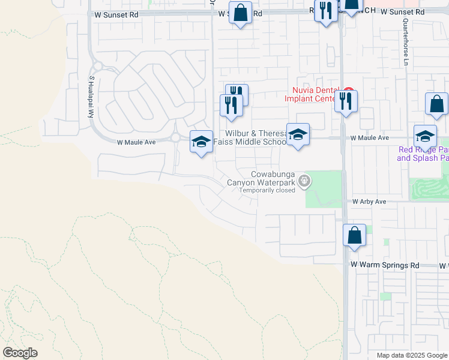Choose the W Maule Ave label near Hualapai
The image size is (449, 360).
[136, 142]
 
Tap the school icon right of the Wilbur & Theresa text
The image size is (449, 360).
[298, 134]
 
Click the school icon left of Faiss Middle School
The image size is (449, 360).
[201, 142]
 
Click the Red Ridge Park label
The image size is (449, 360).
[423, 154]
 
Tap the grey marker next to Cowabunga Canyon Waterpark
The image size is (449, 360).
[305, 179]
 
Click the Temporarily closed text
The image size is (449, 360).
[267, 190]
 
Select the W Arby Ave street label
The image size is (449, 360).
[369, 202]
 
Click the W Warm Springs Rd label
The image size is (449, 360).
[385, 265]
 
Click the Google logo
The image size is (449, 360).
[20, 352]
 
